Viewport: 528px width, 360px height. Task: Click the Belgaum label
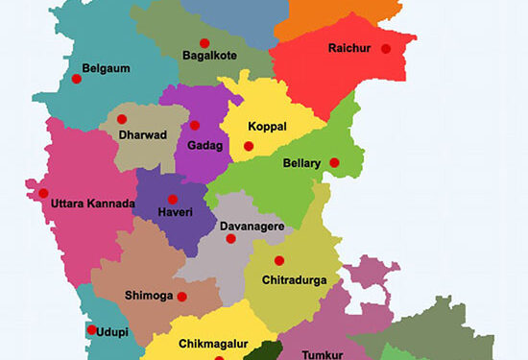tap(106, 69)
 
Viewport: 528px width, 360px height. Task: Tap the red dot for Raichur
tap(386, 49)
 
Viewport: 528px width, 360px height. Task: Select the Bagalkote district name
tap(209, 57)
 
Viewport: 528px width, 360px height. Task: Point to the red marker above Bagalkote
tap(204, 42)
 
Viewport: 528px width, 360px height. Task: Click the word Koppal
tap(267, 127)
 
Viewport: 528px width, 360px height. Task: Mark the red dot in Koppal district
tap(249, 146)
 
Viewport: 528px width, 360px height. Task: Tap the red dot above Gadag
tap(195, 125)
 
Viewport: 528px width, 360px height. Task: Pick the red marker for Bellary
tap(334, 162)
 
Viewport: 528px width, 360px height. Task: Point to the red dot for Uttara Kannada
tap(43, 193)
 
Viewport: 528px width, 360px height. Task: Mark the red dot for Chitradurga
tap(279, 260)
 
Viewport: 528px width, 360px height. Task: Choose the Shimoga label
tap(148, 296)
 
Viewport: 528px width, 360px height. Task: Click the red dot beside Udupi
tap(92, 330)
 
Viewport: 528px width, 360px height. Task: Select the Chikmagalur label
tap(213, 343)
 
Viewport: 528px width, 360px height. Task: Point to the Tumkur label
tap(322, 354)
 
